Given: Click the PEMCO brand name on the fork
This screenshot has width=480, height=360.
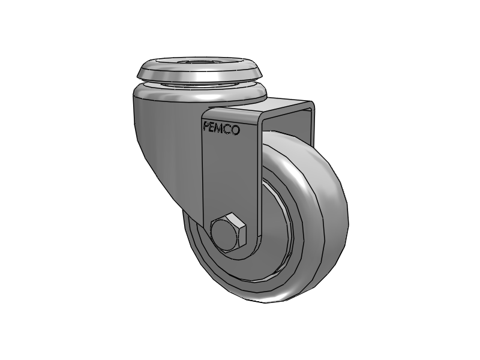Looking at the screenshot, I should click(221, 128).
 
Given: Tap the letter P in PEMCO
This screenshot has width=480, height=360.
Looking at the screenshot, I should click(206, 127).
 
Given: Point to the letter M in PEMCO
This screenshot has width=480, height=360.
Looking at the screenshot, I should click(221, 128).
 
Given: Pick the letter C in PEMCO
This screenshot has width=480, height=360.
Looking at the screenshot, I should click(229, 128).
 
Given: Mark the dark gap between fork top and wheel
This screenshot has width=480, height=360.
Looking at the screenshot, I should click(282, 129).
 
